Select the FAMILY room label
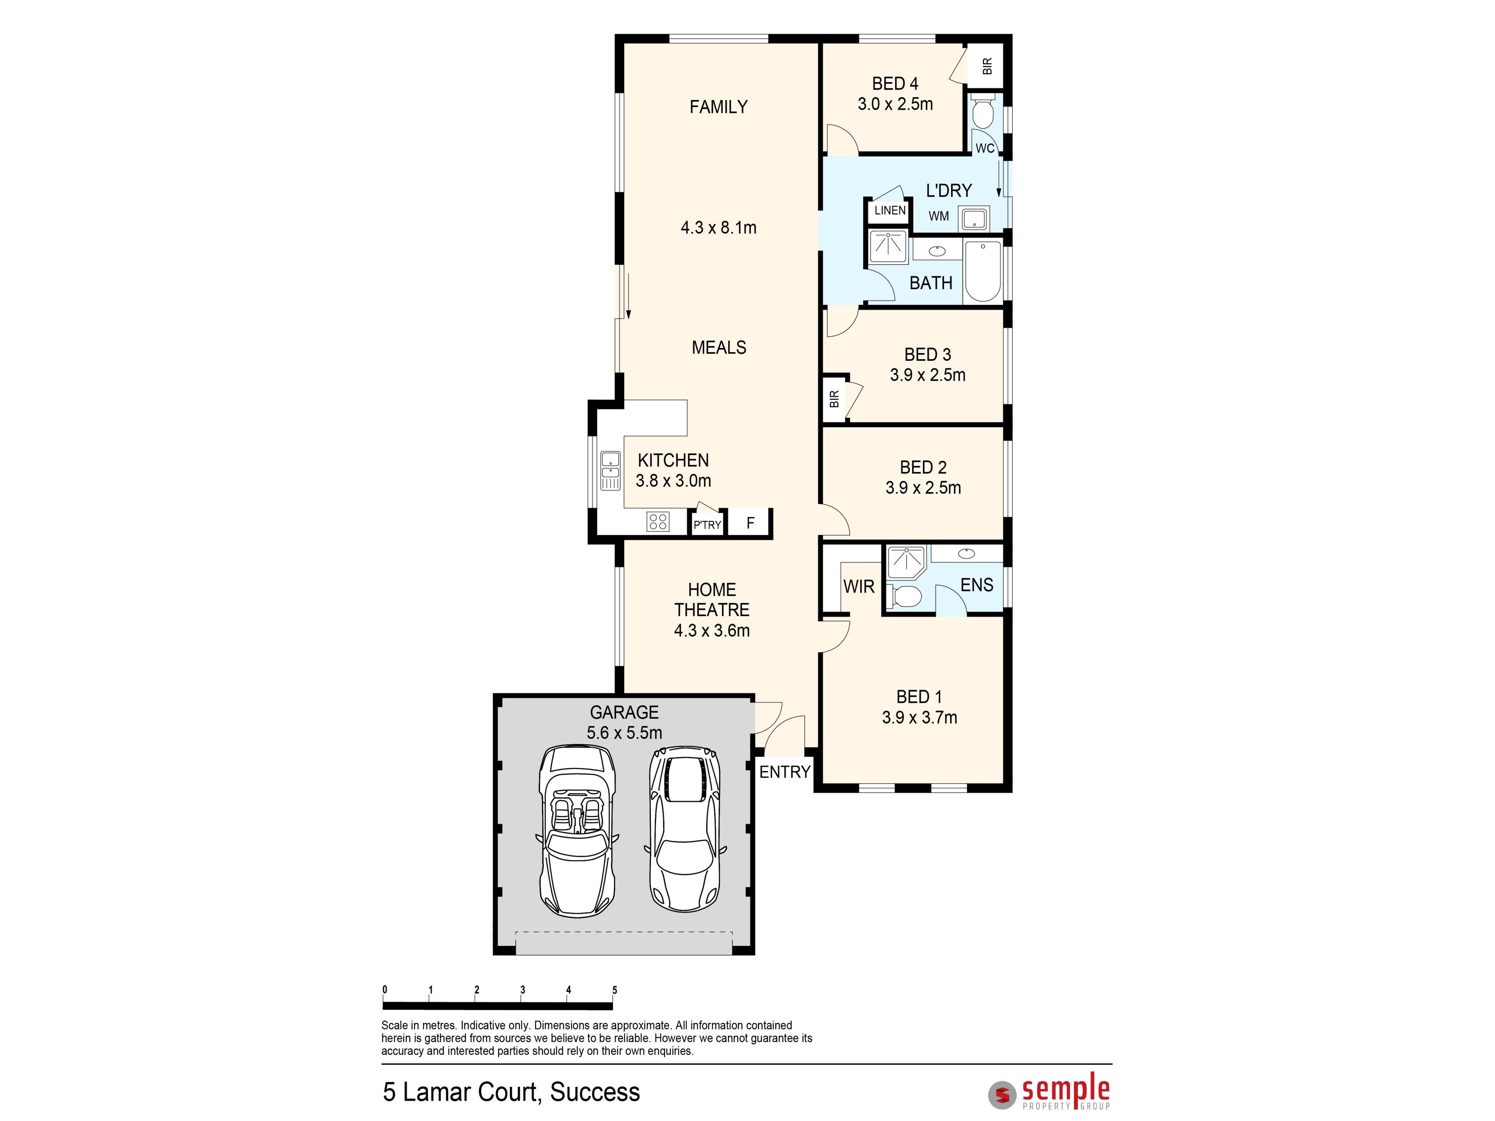coord(718,107)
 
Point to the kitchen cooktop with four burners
coord(658,521)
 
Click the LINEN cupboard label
coord(890,210)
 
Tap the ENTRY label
coord(784,771)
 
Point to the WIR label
coord(858,587)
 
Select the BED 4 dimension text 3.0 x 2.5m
coord(895,104)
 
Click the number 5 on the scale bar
coord(614,990)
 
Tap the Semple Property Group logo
coord(1049,1093)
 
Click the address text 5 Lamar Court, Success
coord(511,1092)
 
